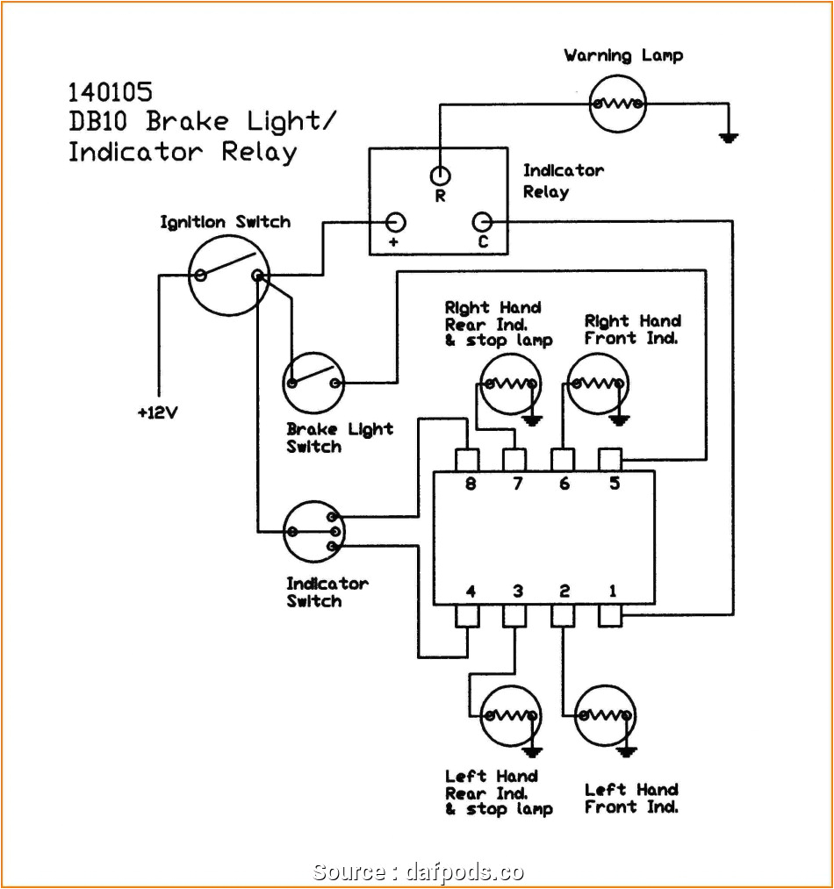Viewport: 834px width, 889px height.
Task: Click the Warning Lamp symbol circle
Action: click(616, 103)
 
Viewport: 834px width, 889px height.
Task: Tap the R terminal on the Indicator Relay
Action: click(440, 175)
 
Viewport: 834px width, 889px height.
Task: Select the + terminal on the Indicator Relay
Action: click(395, 221)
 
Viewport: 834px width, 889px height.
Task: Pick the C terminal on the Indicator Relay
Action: click(482, 221)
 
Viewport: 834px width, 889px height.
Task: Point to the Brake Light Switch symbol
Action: click(313, 382)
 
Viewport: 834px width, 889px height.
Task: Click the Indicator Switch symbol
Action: click(313, 531)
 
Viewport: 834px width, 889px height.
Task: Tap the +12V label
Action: click(158, 412)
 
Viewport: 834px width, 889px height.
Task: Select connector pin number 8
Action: click(468, 459)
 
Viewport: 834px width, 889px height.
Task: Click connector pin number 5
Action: click(610, 459)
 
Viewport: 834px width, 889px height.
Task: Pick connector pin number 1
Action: click(610, 616)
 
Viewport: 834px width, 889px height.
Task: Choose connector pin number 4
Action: click(468, 616)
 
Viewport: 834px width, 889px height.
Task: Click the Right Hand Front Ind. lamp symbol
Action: click(597, 383)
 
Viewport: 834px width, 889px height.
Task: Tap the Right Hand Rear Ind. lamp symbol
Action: click(510, 383)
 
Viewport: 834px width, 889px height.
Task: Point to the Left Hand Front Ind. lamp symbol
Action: click(605, 714)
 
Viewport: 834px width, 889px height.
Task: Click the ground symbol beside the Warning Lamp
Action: click(728, 137)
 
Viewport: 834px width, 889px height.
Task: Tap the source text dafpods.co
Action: click(464, 871)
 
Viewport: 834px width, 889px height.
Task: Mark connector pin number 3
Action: click(515, 616)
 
